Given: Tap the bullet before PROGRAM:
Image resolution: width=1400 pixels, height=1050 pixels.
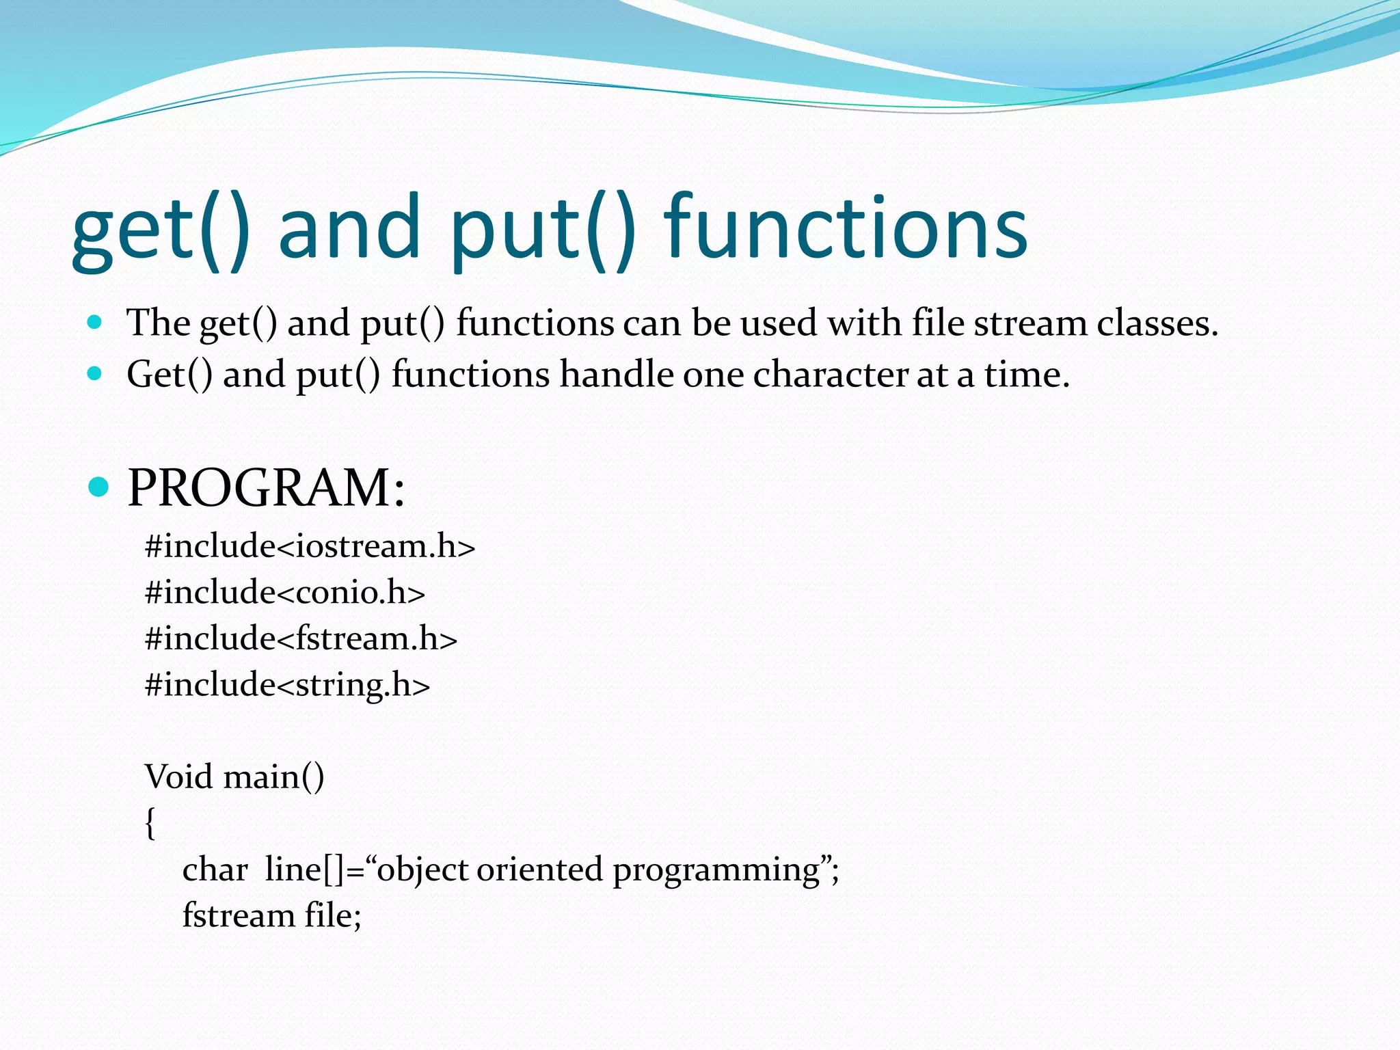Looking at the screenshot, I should [99, 487].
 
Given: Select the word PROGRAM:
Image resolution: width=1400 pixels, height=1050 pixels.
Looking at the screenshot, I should [266, 487].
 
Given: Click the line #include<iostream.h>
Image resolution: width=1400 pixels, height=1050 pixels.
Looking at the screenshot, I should [310, 546].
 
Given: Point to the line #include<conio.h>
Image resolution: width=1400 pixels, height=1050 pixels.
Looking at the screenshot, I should [285, 592].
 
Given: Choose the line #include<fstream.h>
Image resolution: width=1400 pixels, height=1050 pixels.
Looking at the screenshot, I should [301, 638].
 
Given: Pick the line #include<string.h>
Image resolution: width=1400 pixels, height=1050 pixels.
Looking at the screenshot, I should [287, 684].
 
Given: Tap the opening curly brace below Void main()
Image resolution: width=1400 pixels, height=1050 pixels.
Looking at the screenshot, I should [150, 822].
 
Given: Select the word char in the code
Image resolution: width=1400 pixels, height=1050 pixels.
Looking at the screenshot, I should [215, 870].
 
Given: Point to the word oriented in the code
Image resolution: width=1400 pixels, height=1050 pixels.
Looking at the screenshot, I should [539, 870].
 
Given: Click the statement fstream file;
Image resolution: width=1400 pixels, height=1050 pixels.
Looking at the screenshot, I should [271, 915].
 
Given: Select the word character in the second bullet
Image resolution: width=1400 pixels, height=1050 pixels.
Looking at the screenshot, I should [830, 375].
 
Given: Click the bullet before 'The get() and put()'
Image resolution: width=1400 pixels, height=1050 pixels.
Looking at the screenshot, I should [95, 322].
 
